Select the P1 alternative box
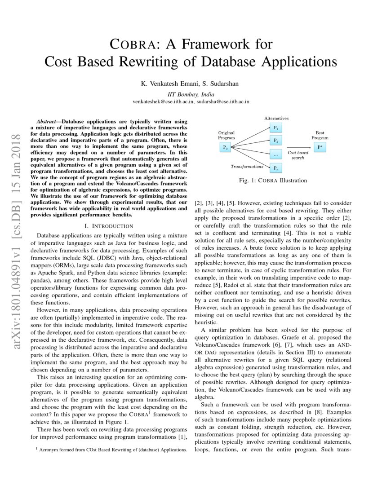tap(276, 128)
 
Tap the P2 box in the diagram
tap(276, 141)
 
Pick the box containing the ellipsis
tap(276, 154)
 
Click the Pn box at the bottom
tap(276, 168)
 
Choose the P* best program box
tap(320, 147)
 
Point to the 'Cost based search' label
tap(298, 155)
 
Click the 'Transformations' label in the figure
tap(247, 166)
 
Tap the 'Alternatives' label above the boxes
tap(276, 118)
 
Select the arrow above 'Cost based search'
tap(298, 147)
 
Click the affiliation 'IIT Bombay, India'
tap(191, 94)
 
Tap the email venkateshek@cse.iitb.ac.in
tap(163, 102)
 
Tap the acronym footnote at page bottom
tap(111, 449)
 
